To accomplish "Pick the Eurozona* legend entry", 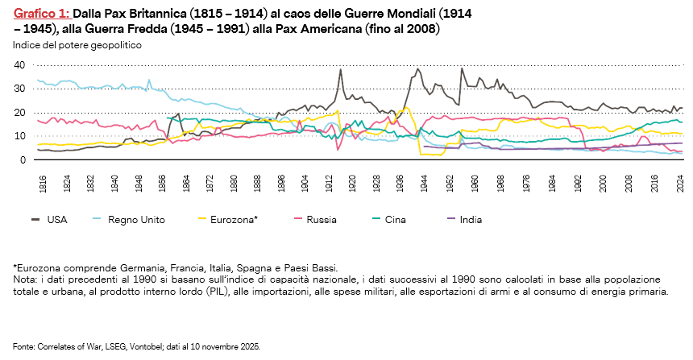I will coord(233,218).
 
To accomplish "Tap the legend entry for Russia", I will coord(321,218).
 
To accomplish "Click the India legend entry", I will coord(471,218).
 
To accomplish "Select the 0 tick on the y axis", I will coord(23,159).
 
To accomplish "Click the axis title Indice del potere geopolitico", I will coord(77,45).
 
